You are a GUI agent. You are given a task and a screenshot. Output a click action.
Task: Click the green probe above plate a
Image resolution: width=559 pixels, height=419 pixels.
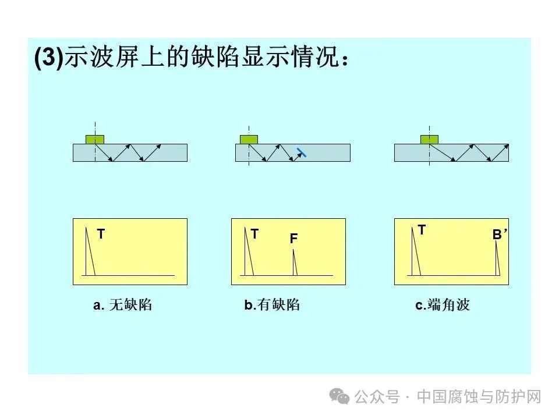pos(95,140)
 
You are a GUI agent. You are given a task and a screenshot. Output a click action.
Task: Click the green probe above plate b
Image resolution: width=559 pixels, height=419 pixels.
pos(249,140)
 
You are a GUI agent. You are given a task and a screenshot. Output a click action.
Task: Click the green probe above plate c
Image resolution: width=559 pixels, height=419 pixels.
pos(429,140)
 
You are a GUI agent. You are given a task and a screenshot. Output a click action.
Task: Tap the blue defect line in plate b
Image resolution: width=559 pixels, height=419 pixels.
pos(302,152)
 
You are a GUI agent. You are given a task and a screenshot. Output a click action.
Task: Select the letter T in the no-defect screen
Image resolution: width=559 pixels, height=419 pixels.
pos(101,234)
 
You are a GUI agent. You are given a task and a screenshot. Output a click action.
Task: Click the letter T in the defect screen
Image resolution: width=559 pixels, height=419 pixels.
pos(254,234)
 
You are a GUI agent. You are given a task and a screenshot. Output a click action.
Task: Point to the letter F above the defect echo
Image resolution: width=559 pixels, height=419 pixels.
pos(293,239)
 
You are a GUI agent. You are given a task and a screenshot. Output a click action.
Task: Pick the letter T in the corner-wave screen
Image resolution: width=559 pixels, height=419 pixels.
pos(422,230)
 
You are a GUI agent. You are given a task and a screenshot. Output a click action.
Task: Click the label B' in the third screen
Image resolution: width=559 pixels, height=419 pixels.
pos(500,235)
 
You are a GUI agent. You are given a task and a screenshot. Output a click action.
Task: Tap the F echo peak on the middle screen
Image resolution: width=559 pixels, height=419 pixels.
pos(293,250)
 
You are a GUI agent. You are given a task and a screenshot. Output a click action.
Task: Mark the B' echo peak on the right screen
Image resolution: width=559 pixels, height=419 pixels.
pos(496,241)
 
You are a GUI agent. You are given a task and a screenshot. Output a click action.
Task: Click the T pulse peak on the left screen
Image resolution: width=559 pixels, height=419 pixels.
pos(86,228)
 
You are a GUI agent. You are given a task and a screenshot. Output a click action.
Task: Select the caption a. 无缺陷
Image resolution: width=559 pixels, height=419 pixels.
pos(123,305)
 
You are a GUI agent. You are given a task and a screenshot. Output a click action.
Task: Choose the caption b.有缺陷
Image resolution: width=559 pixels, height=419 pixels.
pos(272,305)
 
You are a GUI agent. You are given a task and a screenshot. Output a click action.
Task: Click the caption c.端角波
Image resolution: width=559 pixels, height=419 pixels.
pos(443,305)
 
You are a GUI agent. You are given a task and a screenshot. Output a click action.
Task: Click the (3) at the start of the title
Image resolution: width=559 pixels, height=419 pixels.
pos(49,56)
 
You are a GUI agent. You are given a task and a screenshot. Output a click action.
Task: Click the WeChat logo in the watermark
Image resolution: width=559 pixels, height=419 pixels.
pos(339,396)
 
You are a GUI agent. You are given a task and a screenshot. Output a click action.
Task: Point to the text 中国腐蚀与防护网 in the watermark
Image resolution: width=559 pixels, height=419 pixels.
pos(479,396)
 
